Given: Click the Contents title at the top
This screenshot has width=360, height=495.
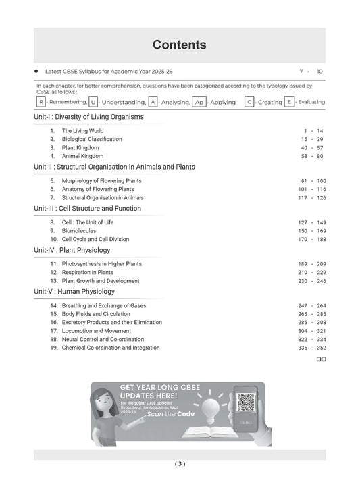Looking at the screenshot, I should pyautogui.click(x=179, y=45).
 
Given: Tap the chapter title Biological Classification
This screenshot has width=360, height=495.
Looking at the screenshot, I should pyautogui.click(x=92, y=139).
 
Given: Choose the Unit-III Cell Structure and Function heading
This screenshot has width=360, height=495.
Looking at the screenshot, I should pyautogui.click(x=87, y=209).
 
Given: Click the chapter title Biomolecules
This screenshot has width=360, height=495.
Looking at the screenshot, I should pyautogui.click(x=80, y=230).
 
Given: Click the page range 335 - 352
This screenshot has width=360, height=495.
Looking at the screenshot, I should pyautogui.click(x=311, y=348).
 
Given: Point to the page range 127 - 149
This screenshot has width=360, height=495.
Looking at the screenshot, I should pyautogui.click(x=311, y=222).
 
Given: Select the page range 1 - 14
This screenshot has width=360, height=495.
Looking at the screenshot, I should pyautogui.click(x=313, y=131).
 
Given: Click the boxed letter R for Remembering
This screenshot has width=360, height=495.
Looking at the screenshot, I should pyautogui.click(x=41, y=102).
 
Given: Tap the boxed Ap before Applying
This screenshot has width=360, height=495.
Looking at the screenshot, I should pyautogui.click(x=199, y=102).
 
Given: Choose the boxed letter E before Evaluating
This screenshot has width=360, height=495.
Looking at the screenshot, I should pyautogui.click(x=289, y=102).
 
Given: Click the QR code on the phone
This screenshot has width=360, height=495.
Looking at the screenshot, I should pyautogui.click(x=246, y=405).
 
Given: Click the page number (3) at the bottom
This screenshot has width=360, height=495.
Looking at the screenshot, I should pyautogui.click(x=179, y=464).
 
